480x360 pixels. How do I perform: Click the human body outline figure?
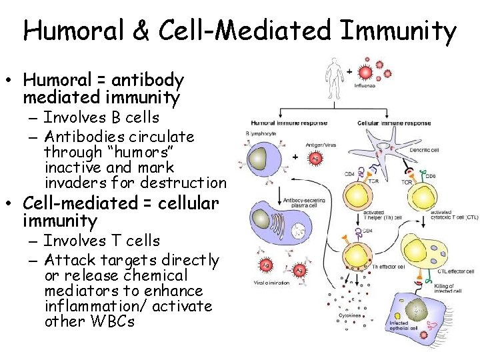(x=333, y=78)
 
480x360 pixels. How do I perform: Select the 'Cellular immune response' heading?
(x=393, y=123)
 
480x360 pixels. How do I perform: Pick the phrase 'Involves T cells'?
(x=101, y=241)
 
